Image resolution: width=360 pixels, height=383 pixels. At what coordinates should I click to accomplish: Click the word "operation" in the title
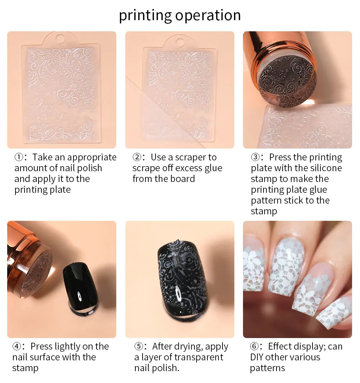click(x=208, y=15)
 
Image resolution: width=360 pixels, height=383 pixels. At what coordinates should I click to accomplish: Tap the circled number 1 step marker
click(x=19, y=157)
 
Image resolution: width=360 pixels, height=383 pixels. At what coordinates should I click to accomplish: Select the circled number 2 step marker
click(x=137, y=157)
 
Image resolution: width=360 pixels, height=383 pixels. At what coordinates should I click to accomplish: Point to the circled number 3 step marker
click(x=255, y=157)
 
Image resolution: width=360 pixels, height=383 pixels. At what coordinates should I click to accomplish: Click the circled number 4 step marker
click(x=17, y=346)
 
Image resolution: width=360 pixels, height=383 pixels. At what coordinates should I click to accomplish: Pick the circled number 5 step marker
click(x=139, y=346)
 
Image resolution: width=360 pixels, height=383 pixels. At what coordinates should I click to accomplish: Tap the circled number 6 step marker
click(x=254, y=346)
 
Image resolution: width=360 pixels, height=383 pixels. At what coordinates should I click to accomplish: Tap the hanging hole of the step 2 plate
click(x=180, y=43)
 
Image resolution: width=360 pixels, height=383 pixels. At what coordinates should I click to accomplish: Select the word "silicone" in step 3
click(x=324, y=168)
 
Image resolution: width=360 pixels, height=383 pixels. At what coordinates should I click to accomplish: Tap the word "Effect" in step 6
click(x=279, y=346)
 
